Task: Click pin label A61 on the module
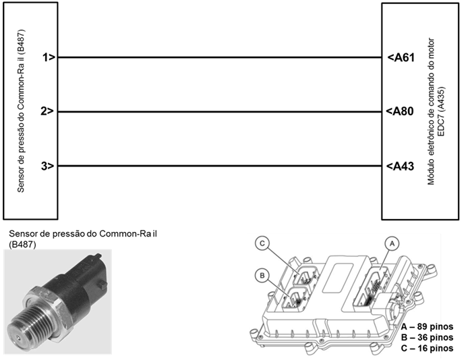[x=400, y=58]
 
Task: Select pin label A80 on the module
[x=400, y=112]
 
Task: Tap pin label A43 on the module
[x=400, y=166]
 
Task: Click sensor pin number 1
[x=47, y=58]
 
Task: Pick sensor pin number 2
[x=47, y=112]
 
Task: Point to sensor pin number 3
[x=47, y=166]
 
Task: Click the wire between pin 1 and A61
[x=219, y=58]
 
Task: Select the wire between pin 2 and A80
[x=219, y=112]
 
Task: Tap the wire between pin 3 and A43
[x=219, y=166]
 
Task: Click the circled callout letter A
[x=388, y=241]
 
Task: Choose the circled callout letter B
[x=262, y=274]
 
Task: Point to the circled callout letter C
[x=264, y=243]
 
